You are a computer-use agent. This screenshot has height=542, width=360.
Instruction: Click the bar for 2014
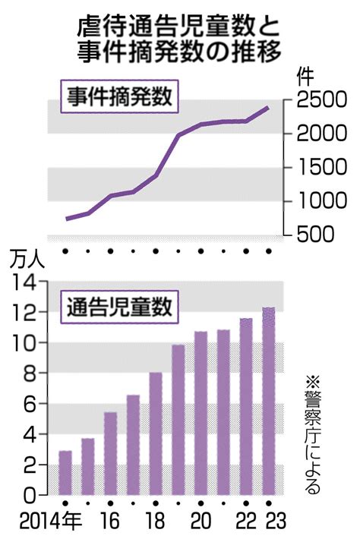tap(65, 473)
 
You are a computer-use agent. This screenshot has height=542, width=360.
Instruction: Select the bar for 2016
tap(110, 453)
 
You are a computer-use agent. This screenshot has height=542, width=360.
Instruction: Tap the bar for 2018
tap(155, 433)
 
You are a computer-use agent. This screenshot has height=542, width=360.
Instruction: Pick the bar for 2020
tap(201, 413)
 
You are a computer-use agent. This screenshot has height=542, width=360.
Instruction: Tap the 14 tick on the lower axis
tap(25, 282)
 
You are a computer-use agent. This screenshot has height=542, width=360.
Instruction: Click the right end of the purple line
tap(268, 108)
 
